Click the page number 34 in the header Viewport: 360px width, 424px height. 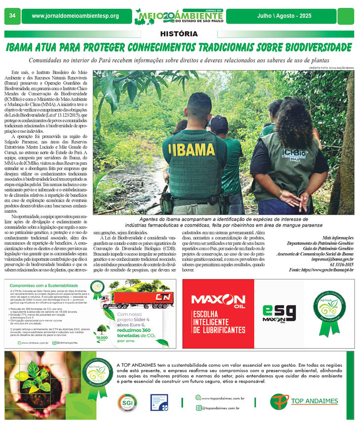(x=12, y=16)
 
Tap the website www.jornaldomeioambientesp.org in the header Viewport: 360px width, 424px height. (x=75, y=16)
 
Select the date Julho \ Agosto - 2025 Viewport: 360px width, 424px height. (x=284, y=16)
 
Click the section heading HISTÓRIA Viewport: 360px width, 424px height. (x=180, y=34)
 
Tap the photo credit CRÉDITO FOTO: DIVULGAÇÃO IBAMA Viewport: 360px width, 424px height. (x=331, y=67)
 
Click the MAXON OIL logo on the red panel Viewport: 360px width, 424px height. (x=217, y=301)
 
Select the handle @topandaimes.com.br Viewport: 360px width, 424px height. (x=221, y=408)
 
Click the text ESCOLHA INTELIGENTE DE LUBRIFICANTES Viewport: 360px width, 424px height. (x=218, y=321)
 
